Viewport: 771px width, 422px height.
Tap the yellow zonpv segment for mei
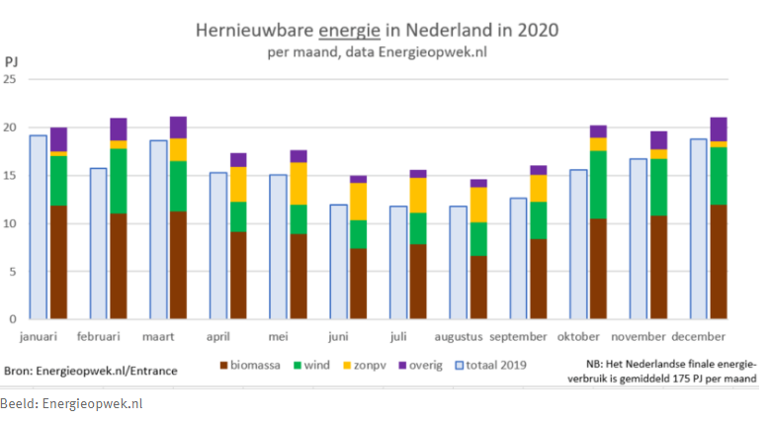(298, 184)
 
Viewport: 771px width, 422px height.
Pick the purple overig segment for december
(719, 129)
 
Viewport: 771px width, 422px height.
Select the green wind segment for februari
(119, 181)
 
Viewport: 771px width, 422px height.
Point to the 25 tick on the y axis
(11, 80)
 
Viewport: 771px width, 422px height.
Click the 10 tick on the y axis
(11, 223)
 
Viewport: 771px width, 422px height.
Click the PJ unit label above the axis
(11, 61)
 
